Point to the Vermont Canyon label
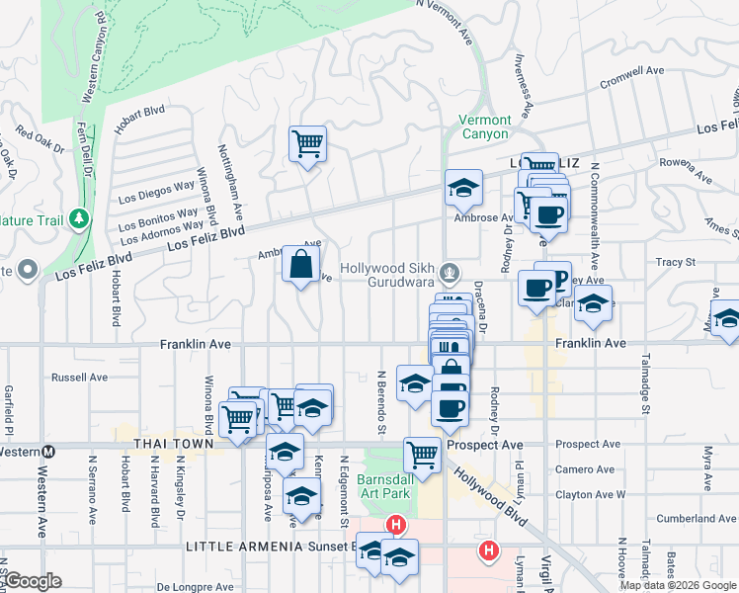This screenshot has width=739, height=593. [x=484, y=127]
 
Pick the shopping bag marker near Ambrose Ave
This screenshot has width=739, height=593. [x=301, y=264]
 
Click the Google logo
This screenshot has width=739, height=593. [x=33, y=581]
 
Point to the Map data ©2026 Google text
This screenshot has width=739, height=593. [x=678, y=585]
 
